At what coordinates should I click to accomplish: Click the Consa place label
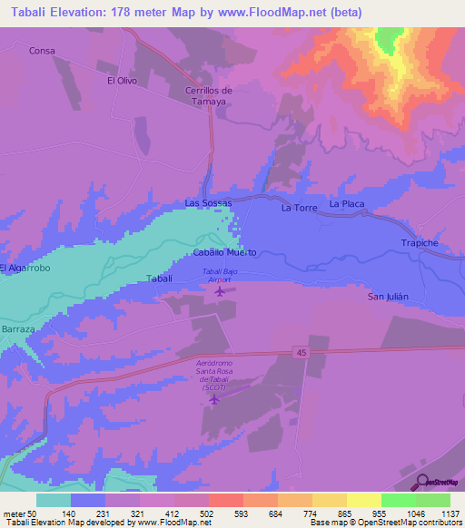[x=43, y=51]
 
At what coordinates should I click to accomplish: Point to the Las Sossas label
[x=209, y=203]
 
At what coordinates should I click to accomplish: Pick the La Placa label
[x=347, y=204]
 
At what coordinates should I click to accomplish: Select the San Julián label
[x=390, y=297]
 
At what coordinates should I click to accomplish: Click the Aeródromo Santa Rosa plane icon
[x=215, y=398]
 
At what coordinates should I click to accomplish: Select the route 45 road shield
[x=300, y=350]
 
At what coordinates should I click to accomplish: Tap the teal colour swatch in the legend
[x=54, y=500]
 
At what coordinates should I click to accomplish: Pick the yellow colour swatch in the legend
[x=364, y=500]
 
